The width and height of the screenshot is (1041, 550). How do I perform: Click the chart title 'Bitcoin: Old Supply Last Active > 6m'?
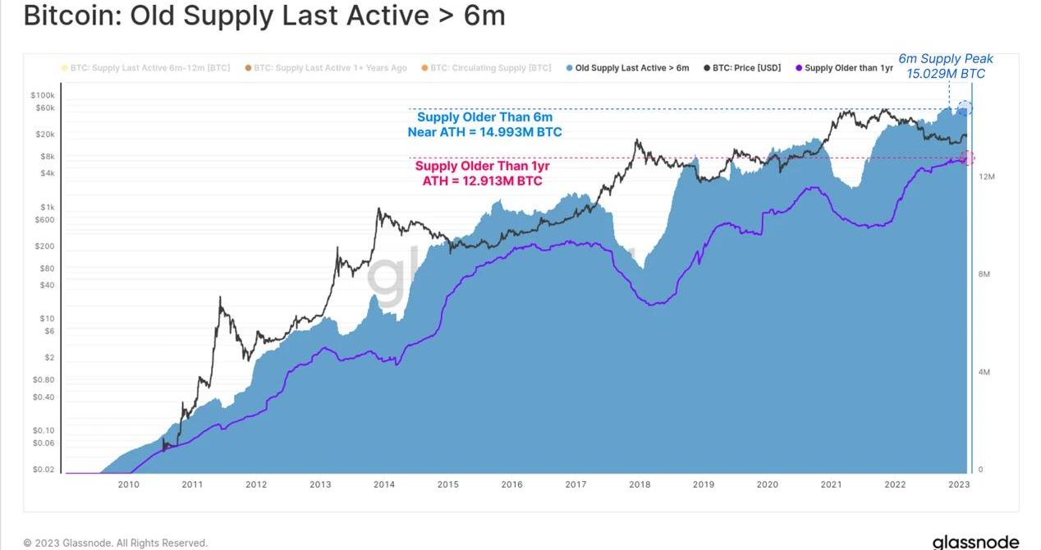(x=264, y=16)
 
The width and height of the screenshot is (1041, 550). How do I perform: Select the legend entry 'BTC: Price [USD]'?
(x=746, y=68)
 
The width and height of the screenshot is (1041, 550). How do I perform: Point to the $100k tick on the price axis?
(x=44, y=95)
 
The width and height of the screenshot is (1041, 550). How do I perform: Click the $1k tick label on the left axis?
(x=48, y=208)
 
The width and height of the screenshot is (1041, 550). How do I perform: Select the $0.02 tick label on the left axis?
(x=44, y=470)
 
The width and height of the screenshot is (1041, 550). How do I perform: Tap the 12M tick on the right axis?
(x=986, y=176)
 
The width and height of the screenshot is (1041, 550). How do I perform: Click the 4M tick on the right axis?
(x=984, y=372)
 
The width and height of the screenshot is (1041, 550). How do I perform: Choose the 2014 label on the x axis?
(x=384, y=484)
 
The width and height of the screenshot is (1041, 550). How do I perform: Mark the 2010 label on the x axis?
(x=128, y=484)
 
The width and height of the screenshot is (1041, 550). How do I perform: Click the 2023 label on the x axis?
(x=958, y=484)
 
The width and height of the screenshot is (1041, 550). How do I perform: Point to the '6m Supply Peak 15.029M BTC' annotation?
(x=945, y=66)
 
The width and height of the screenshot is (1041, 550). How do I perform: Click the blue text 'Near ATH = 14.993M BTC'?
(x=484, y=132)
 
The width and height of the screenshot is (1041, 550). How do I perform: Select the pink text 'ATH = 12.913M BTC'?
(x=482, y=181)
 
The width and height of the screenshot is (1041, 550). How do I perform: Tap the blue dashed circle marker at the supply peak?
(x=965, y=108)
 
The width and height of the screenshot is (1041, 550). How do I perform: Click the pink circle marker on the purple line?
(x=966, y=158)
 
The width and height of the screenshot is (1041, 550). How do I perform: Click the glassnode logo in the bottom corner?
(x=975, y=542)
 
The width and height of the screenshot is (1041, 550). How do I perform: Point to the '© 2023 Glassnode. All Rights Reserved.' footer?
(x=116, y=543)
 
